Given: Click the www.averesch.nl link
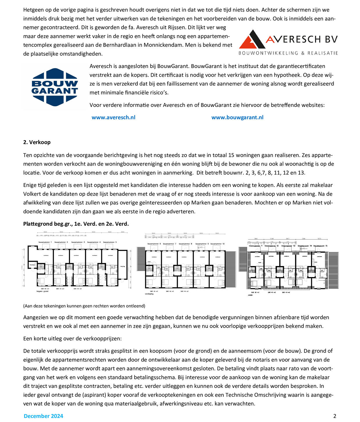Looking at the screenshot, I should point(113,117).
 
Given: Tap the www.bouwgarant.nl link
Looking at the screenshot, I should point(237,117).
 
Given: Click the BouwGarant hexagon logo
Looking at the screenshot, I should point(55,87).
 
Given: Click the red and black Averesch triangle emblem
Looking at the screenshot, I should point(252,39).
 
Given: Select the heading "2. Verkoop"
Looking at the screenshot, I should point(37,142).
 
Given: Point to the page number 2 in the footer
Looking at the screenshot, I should point(335,416).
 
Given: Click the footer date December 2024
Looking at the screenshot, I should point(43,416).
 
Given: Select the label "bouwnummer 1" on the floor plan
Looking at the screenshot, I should point(45,242).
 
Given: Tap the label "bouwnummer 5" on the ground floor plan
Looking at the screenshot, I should point(110,242).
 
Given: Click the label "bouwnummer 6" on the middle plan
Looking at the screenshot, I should point(154,244).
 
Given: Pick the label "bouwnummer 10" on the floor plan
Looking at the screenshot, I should point(217,244).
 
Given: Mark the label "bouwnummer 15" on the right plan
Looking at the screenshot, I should point(321,246).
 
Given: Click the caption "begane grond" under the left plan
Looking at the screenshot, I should point(42,291).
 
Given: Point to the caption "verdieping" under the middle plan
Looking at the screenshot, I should point(149,294).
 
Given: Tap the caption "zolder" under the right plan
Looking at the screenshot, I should point(250,295).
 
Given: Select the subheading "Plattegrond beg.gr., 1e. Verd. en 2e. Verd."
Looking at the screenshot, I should point(76,224).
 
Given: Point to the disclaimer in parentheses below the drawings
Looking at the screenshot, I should point(84,306).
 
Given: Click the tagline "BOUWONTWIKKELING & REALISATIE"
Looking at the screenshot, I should point(288,53).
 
